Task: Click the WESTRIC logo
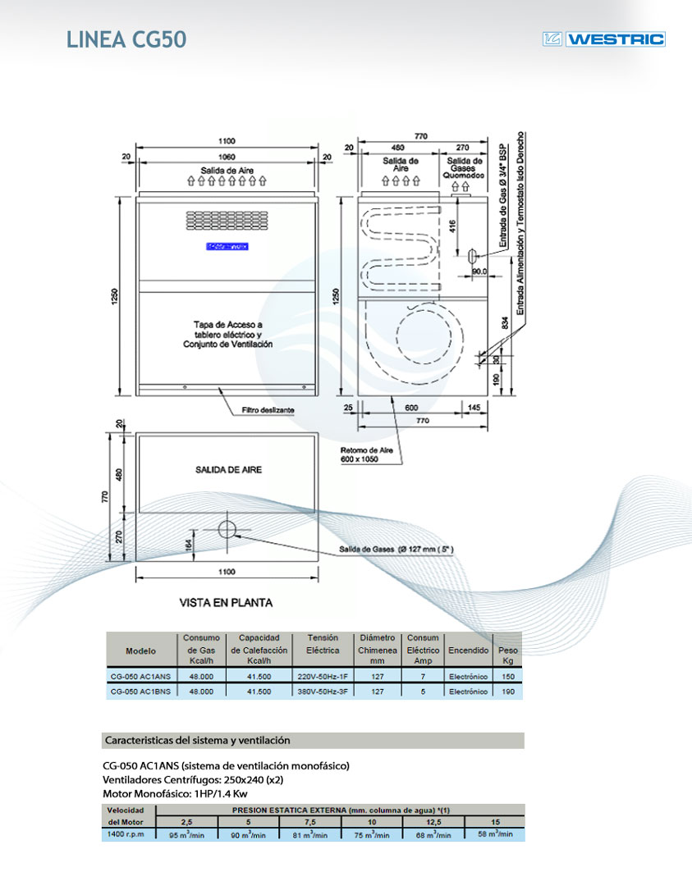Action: (x=604, y=39)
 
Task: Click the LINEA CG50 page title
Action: (x=126, y=39)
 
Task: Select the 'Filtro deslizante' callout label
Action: (x=268, y=409)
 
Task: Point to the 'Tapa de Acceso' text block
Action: (x=227, y=335)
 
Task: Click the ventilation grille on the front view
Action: (x=227, y=220)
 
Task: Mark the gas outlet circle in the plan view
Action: (x=227, y=529)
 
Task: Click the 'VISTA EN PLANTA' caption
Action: (x=226, y=602)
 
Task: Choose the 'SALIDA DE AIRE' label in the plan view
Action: (x=228, y=469)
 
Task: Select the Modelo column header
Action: (x=140, y=651)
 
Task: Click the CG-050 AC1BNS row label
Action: (x=140, y=692)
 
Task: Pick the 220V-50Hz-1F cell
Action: (x=322, y=677)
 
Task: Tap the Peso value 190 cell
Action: (x=508, y=692)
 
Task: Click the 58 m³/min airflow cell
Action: (x=495, y=834)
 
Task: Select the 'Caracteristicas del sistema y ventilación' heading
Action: (x=198, y=740)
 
